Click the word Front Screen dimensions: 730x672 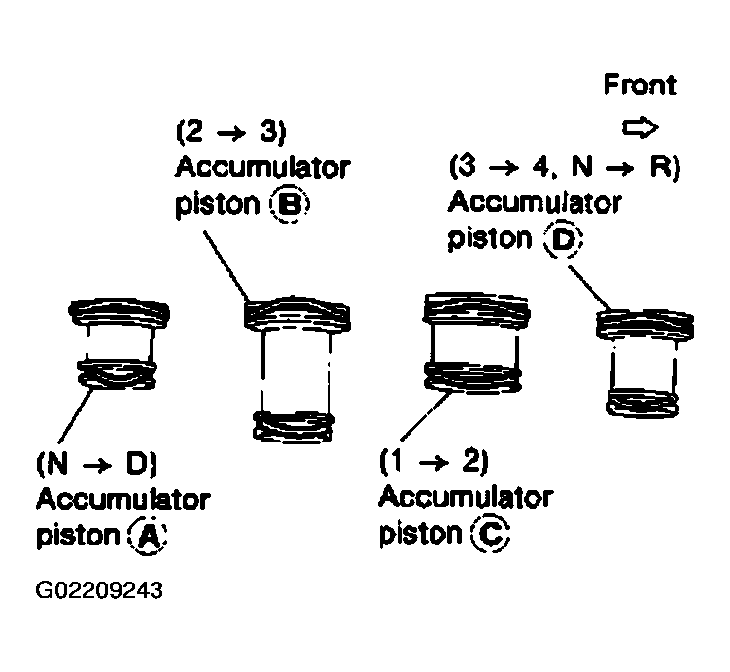tap(640, 85)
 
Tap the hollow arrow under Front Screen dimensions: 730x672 tap(641, 127)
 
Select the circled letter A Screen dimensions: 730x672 tap(148, 536)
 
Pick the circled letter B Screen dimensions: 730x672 tap(290, 204)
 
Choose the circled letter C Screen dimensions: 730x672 tap(491, 534)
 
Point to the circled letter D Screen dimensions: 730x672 tap(564, 240)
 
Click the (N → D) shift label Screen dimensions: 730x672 tap(96, 463)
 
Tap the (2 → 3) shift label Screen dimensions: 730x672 tap(231, 131)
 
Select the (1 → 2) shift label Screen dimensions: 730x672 tap(434, 461)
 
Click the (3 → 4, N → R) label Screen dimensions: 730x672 tap(564, 166)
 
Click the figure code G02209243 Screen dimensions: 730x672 tap(99, 590)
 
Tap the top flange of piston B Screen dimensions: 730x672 tap(297, 313)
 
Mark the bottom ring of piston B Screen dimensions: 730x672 tap(294, 426)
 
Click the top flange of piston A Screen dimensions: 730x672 tap(120, 313)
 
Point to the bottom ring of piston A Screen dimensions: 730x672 tap(117, 374)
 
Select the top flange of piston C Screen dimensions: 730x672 tap(475, 308)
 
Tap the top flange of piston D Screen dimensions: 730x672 tap(645, 325)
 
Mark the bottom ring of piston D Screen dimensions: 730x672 tap(643, 403)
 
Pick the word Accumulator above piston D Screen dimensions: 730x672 tap(535, 203)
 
